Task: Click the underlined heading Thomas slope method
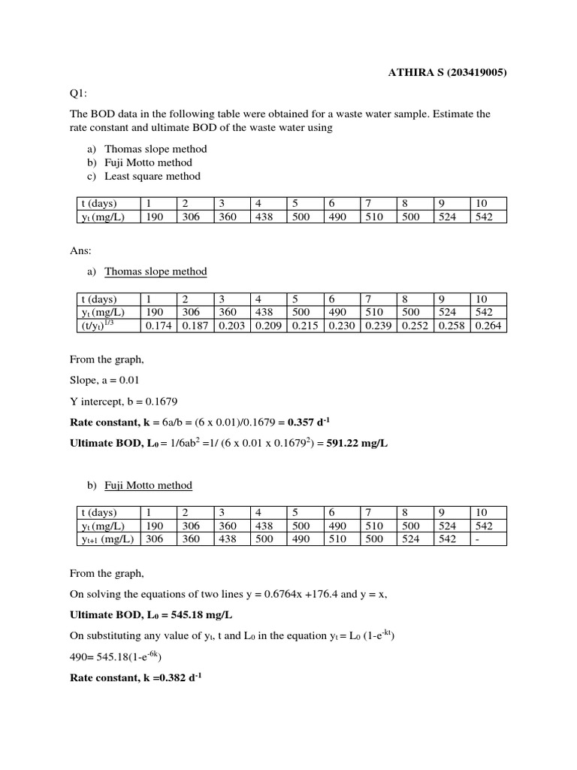156,271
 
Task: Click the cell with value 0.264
488,326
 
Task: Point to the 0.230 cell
341,326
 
